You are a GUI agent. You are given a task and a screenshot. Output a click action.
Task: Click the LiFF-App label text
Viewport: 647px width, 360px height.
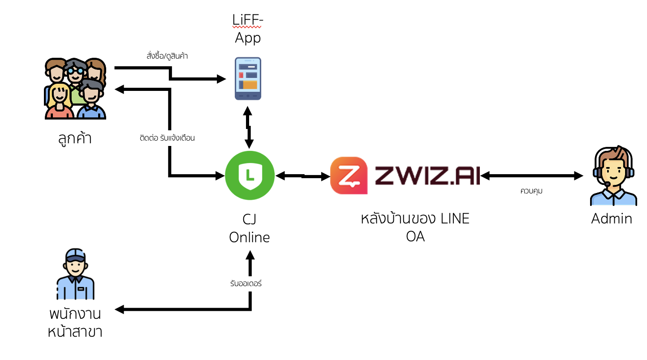click(248, 29)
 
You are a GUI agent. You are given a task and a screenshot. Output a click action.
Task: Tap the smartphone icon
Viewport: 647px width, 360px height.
click(248, 78)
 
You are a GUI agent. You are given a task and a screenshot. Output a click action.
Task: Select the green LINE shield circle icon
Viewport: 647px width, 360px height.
click(250, 176)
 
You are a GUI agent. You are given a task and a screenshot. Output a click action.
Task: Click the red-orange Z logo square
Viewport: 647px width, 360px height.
click(349, 176)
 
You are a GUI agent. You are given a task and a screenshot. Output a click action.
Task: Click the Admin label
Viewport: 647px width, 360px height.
click(612, 219)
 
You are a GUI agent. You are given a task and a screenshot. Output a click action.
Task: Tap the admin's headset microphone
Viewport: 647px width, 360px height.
click(607, 184)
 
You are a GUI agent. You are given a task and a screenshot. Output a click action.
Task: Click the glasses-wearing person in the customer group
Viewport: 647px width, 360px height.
click(75, 72)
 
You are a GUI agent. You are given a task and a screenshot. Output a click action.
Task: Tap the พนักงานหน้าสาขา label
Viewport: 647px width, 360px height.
click(75, 322)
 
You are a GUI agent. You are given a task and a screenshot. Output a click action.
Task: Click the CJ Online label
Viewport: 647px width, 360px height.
click(250, 228)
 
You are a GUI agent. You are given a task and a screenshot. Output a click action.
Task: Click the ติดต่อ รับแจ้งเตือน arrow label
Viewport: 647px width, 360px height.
click(167, 138)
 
